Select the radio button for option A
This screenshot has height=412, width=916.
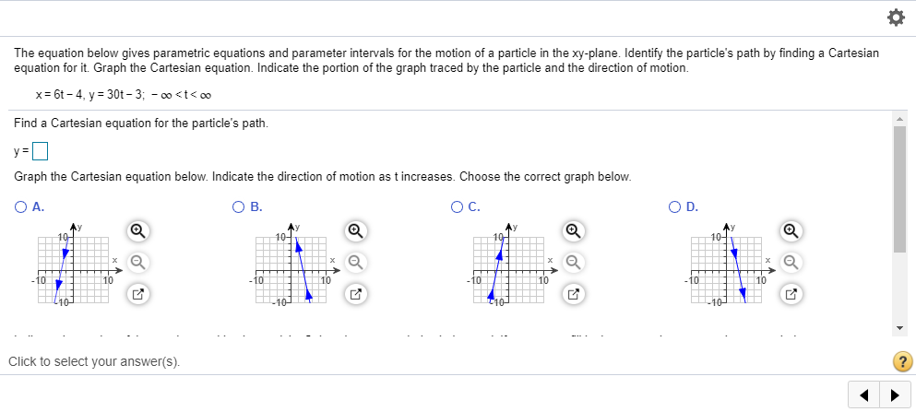(20, 207)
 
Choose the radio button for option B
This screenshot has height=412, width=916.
(238, 207)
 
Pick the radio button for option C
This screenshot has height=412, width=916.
(458, 207)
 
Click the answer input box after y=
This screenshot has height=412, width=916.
(40, 150)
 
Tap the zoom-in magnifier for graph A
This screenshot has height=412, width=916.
(137, 230)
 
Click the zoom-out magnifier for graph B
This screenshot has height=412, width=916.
(355, 263)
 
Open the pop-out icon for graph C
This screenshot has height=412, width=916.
(574, 295)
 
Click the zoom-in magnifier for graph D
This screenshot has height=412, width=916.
(791, 230)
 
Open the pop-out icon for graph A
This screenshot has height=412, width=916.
(137, 295)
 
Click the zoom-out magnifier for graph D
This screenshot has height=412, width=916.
(791, 263)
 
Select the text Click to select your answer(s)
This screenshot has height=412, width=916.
(93, 361)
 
